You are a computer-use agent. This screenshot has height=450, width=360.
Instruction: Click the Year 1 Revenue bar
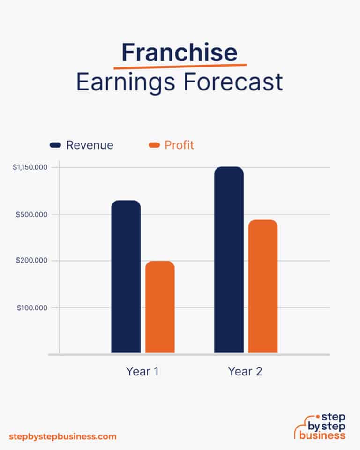126,277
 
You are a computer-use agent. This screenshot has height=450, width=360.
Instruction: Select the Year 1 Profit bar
160,307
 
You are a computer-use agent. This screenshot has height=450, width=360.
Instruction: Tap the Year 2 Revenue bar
229,260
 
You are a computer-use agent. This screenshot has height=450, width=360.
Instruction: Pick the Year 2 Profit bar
263,286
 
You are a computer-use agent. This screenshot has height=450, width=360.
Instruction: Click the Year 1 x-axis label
142,372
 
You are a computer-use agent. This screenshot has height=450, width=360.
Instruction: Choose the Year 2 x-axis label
245,372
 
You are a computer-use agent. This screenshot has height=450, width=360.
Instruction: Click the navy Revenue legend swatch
55,145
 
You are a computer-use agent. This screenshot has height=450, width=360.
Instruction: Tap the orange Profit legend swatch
154,145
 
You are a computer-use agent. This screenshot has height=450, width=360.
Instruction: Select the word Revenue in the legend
90,145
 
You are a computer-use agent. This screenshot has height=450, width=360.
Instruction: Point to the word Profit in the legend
179,145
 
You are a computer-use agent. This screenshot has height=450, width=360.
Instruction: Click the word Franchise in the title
180,53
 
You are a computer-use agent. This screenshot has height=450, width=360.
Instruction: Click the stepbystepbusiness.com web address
62,436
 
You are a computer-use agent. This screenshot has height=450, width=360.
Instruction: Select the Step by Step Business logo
320,427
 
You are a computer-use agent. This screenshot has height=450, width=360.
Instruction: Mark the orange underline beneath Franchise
180,66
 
